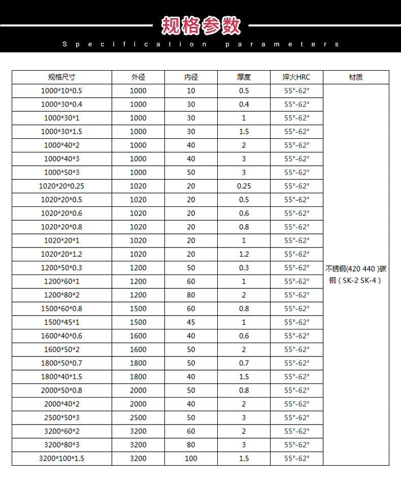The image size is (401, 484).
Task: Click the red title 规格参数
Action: click(x=201, y=25)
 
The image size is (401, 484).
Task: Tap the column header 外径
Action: click(x=138, y=77)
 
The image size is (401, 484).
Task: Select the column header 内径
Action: click(x=191, y=77)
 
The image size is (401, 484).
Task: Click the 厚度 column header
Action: click(x=244, y=77)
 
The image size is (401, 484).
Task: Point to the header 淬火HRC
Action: click(x=296, y=77)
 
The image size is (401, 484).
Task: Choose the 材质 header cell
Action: click(x=356, y=77)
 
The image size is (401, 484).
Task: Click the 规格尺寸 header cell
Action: click(x=61, y=77)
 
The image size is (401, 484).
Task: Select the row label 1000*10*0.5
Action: click(x=61, y=91)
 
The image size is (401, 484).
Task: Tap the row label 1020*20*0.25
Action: click(x=61, y=186)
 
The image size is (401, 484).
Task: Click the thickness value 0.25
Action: click(x=244, y=186)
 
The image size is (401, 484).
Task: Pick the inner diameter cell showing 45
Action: click(x=191, y=322)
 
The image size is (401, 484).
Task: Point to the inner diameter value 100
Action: click(x=191, y=459)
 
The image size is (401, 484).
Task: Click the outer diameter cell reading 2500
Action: click(x=138, y=417)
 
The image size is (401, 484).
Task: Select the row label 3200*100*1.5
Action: click(x=61, y=459)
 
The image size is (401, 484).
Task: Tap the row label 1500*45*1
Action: click(x=61, y=322)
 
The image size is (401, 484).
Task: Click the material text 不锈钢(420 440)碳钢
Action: click(x=356, y=274)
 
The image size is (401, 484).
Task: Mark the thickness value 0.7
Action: click(x=244, y=363)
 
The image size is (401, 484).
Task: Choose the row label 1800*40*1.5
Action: click(x=61, y=377)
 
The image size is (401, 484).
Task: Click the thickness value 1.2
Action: click(x=244, y=254)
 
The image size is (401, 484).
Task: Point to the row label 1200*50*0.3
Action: click(x=61, y=268)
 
